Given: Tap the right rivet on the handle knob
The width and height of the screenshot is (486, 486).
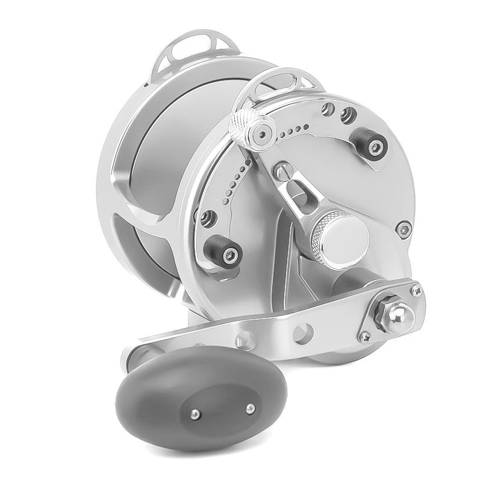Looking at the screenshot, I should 247,408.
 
